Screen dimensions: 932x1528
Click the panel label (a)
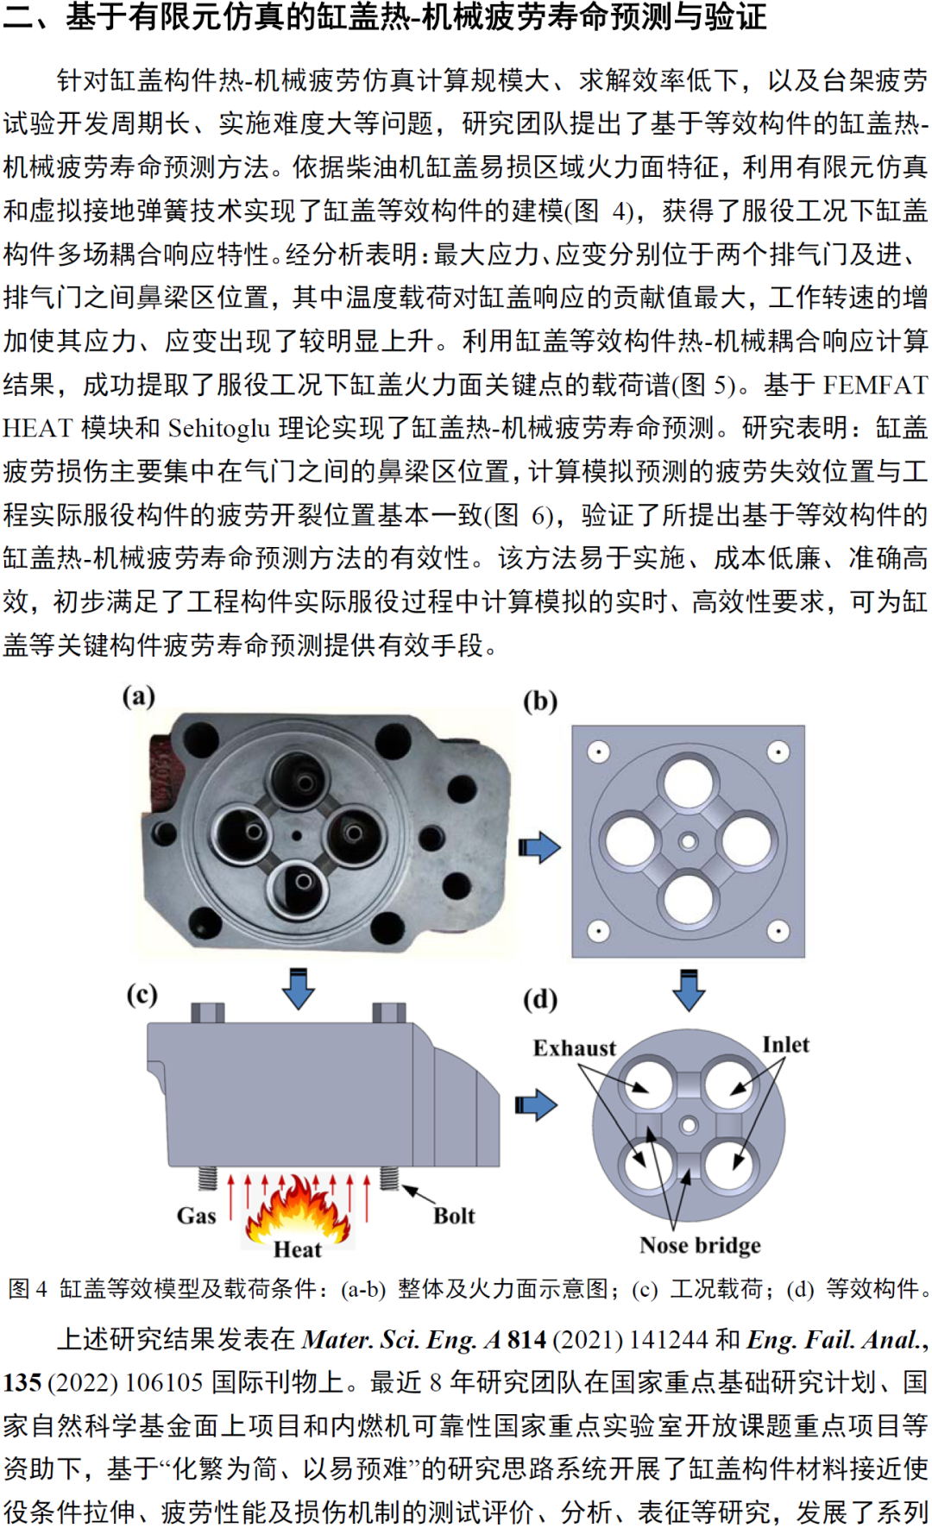[138, 695]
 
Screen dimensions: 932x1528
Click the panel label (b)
[540, 701]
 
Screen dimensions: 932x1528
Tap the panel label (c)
[142, 995]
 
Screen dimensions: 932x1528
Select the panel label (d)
[540, 999]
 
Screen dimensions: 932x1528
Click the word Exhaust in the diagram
[575, 1048]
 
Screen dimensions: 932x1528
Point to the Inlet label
[786, 1045]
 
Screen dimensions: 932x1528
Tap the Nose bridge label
[701, 1245]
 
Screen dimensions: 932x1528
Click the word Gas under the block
[196, 1216]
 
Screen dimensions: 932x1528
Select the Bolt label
[454, 1216]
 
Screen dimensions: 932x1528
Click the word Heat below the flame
[298, 1249]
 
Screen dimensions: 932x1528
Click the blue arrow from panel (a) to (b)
[539, 847]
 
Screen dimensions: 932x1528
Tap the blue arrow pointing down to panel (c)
[299, 988]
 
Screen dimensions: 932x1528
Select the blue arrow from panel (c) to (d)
[536, 1105]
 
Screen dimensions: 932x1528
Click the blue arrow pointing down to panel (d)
[689, 990]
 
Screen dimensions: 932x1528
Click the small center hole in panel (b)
[689, 841]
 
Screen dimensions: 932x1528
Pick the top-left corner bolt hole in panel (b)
[599, 752]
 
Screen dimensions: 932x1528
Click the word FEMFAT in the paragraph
[875, 385]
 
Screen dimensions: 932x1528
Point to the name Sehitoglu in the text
[219, 428]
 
